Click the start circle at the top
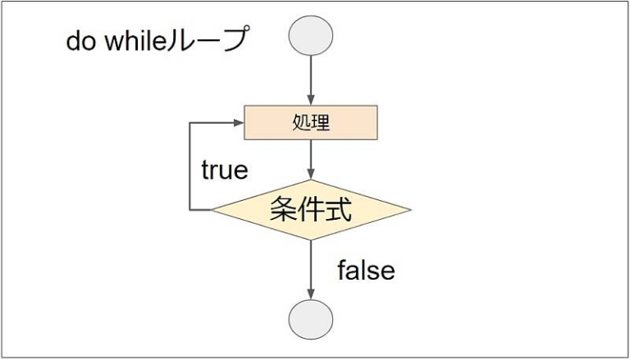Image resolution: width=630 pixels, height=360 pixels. pos(311,35)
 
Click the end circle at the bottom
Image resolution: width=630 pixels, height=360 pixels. pos(311,320)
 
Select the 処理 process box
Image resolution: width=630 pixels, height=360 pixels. pos(311,122)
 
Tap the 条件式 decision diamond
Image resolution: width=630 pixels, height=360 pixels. pos(311,210)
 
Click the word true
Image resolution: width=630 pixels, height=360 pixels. pos(225,171)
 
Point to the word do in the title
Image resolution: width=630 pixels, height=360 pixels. pos(80,40)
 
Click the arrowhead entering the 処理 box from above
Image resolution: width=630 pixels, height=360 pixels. pos(311,100)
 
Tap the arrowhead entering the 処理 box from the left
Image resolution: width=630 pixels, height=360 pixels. pos(239,122)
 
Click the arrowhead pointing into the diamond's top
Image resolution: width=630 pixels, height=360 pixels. pos(311,175)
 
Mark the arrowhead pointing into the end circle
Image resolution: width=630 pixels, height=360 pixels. pos(311,294)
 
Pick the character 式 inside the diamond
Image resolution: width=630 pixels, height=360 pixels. pos(338,209)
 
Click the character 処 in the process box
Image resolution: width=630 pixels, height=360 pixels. pos(301,123)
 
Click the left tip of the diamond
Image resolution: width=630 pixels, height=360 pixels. pos(212,210)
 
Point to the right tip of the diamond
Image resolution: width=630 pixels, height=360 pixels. pos(411,210)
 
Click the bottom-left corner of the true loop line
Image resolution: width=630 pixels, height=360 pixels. pos(189,210)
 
